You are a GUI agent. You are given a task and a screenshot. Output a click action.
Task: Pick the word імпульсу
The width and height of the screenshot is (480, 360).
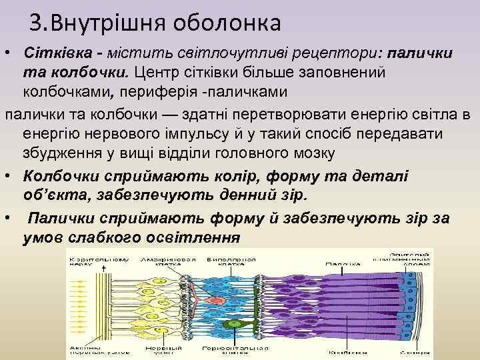click(x=213, y=134)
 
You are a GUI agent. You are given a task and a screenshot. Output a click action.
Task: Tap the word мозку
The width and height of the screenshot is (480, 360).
click(x=313, y=153)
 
